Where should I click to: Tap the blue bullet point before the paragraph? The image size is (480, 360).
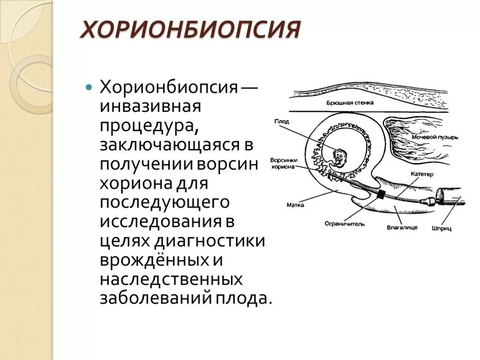coord(89,87)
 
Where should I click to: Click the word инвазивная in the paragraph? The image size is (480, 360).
coord(150,106)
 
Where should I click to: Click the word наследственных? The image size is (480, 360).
coord(171,280)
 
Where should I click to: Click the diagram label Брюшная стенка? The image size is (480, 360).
coord(350,102)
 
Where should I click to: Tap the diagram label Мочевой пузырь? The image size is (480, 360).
coord(435,137)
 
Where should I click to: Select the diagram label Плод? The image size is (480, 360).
coord(282,121)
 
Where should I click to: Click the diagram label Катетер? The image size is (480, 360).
coord(422,174)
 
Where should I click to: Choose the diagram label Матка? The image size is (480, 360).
coord(295,205)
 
